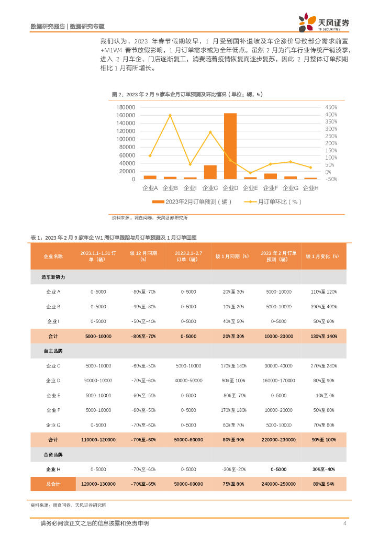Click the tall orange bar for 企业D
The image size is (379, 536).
(230, 147)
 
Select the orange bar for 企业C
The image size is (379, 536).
(210, 172)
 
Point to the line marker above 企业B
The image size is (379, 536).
(170, 115)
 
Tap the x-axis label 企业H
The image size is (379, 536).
(310, 187)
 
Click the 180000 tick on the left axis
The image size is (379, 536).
(126, 107)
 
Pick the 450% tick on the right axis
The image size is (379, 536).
(331, 107)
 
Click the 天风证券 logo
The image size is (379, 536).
(325, 23)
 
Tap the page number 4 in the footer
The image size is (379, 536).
(344, 523)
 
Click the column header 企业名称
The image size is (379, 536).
(53, 256)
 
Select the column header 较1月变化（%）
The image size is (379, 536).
(324, 256)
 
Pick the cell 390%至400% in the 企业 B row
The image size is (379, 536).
(324, 307)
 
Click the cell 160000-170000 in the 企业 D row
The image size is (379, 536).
(278, 381)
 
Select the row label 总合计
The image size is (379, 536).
(53, 484)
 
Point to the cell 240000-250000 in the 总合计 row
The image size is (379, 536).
(278, 484)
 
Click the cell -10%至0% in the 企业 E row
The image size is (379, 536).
(324, 396)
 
